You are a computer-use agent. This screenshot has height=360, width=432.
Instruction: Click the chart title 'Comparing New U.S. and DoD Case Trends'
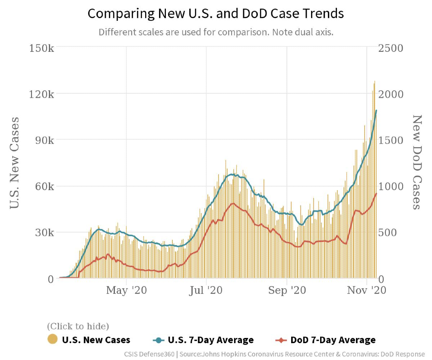tap(216, 13)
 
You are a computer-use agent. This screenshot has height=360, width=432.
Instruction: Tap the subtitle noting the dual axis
tap(216, 32)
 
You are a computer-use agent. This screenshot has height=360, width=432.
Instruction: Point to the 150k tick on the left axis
tap(41, 47)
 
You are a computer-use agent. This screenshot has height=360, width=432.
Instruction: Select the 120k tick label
tap(41, 94)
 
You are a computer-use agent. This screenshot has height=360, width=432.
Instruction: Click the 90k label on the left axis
tap(43, 140)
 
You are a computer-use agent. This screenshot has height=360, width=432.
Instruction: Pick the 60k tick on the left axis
tap(43, 186)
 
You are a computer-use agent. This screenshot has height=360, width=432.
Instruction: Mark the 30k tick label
tap(43, 233)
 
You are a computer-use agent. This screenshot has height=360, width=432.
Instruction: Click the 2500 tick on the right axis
tap(391, 47)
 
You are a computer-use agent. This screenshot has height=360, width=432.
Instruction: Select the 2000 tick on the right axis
tap(391, 94)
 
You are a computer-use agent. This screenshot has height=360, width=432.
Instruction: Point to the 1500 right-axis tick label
tap(391, 140)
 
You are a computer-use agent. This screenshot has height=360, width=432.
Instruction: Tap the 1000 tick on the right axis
tap(391, 186)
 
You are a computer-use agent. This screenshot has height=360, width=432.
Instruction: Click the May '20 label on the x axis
tap(127, 290)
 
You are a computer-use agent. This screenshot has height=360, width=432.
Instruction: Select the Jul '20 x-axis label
tap(206, 290)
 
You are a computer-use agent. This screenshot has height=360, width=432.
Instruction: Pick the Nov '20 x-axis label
tap(366, 290)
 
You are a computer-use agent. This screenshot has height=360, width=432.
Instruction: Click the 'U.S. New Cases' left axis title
tap(15, 162)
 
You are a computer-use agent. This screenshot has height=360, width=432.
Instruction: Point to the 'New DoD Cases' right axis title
tap(416, 162)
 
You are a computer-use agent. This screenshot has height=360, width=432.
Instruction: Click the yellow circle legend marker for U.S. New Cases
tap(52, 340)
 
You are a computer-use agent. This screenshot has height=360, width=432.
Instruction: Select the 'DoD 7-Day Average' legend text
tap(333, 340)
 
